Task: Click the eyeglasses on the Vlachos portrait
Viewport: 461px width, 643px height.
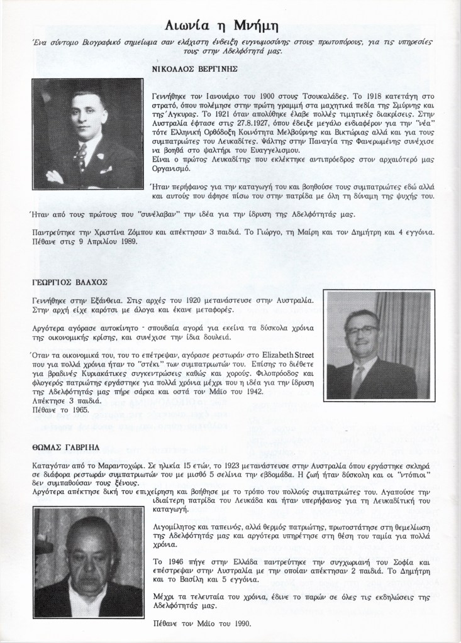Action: click(x=364, y=330)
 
